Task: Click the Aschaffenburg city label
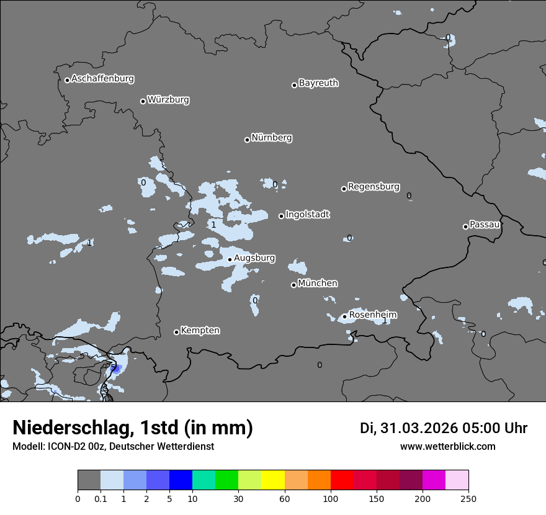tap(102, 79)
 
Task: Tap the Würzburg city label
tap(168, 100)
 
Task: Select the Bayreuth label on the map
tap(318, 83)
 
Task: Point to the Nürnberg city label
tap(272, 138)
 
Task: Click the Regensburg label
tap(374, 187)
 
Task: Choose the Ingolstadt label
tap(307, 215)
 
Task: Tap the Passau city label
tap(485, 225)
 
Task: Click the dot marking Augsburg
tap(230, 259)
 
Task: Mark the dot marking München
tap(293, 285)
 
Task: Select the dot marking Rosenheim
tap(344, 316)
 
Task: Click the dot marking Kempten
tap(176, 332)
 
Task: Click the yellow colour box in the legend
tap(273, 480)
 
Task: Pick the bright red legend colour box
tap(342, 480)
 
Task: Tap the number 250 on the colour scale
tap(468, 498)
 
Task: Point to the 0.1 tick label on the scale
tap(101, 498)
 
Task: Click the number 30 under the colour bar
tap(238, 498)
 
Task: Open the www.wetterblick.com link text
tap(447, 447)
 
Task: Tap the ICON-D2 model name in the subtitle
tap(66, 447)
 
